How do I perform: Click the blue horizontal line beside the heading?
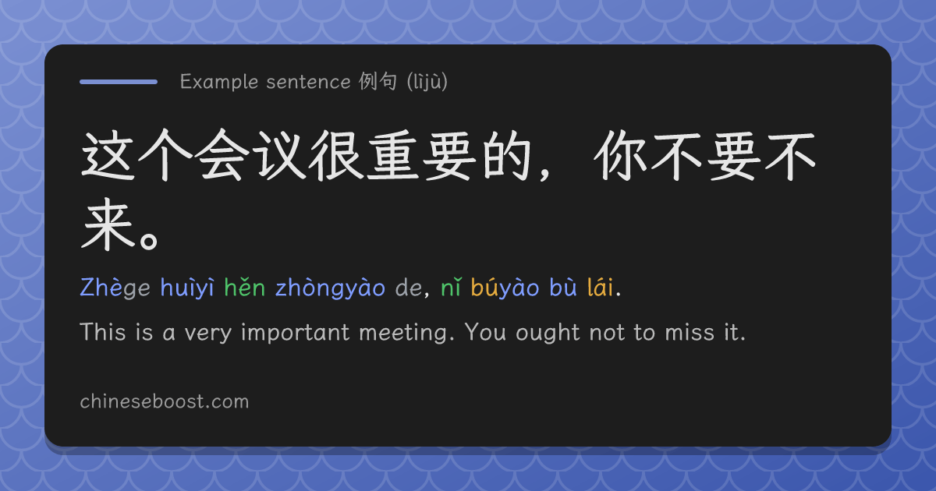119,82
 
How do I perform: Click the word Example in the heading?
219,82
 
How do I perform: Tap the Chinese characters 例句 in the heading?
378,81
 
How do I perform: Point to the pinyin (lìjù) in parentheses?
427,82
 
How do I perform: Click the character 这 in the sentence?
108,156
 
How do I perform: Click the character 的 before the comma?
506,155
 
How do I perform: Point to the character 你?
620,156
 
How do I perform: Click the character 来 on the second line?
108,224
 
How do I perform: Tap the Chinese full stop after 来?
149,241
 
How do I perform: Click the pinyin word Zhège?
115,288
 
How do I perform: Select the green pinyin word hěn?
244,288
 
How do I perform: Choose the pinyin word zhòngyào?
330,288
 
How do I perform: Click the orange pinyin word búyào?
505,288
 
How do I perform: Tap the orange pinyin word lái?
600,288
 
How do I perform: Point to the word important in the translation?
295,334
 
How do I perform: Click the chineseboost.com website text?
165,401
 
